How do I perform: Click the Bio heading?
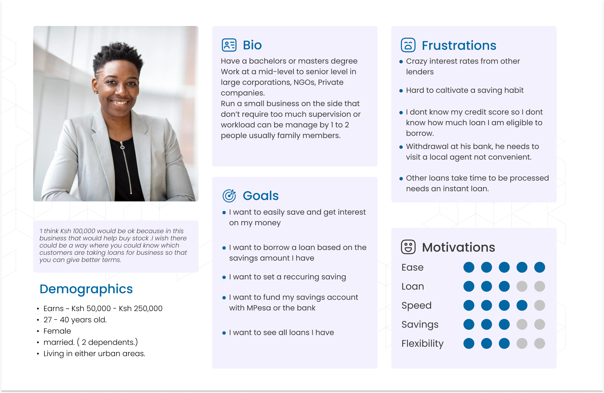pos(252,45)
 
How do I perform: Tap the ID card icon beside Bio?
pos(229,45)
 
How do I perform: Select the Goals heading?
pos(261,196)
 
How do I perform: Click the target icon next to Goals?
pos(229,196)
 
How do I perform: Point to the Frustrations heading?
pos(459,46)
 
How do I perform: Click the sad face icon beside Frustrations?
pos(408,45)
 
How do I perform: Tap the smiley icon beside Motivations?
pos(408,247)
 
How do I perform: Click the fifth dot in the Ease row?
pos(539,268)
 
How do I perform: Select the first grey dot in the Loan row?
pos(522,286)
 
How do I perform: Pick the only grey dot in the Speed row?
pos(539,305)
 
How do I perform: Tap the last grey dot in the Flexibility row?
pos(539,344)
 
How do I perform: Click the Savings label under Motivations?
pos(420,325)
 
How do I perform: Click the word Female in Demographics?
pos(57,331)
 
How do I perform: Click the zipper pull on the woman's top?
pos(122,146)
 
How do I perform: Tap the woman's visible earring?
pos(96,92)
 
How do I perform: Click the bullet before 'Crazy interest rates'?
pos(401,62)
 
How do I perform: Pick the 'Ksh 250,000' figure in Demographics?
pos(141,309)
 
